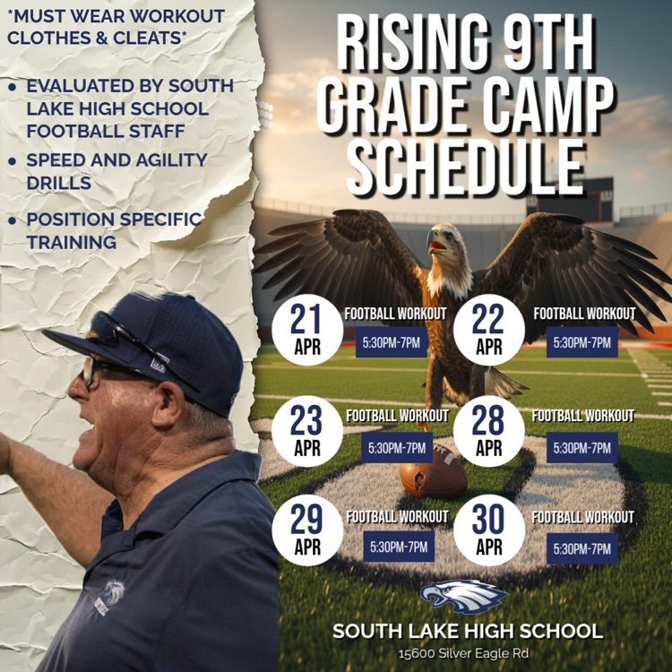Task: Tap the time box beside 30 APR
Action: coord(582,547)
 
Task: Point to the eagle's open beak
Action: coord(436,241)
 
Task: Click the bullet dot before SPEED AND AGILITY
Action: coord(12,161)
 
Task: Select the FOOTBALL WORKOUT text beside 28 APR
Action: coord(582,416)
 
